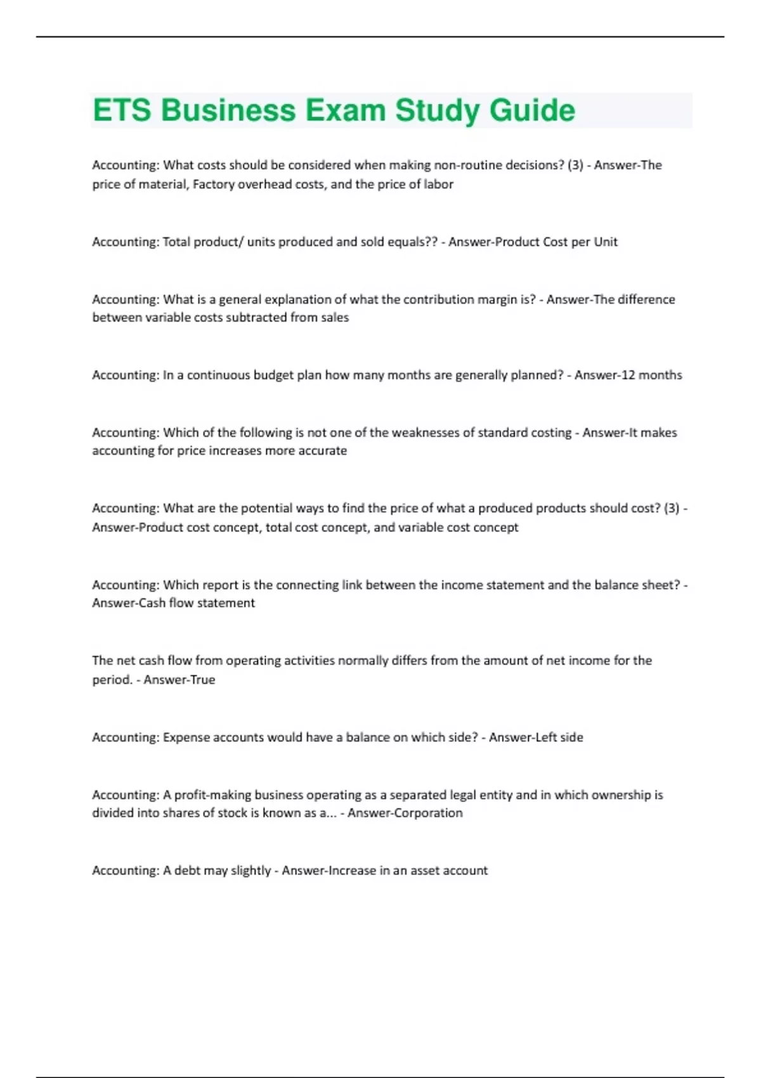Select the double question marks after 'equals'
(431, 242)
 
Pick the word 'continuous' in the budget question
(219, 375)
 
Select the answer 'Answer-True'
(179, 680)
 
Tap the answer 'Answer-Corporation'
(405, 813)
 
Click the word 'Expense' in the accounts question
(186, 737)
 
